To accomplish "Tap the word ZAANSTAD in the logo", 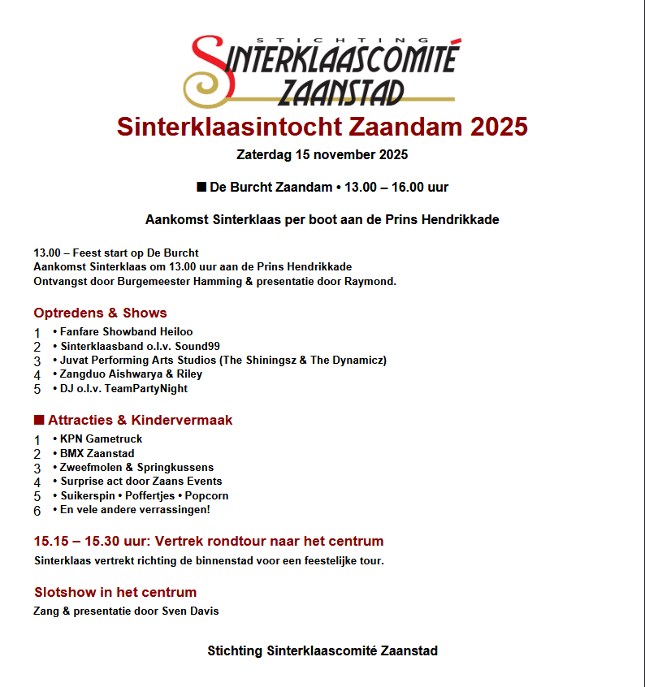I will pos(340,92).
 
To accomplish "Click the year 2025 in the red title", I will pos(495,127).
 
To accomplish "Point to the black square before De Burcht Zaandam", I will pos(201,187).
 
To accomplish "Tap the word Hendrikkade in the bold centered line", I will pos(461,219).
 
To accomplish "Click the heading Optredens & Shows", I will pos(100,313).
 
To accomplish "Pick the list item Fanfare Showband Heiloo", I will pos(126,332).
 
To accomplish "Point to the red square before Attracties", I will pos(38,420).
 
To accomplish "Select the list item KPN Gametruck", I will pos(101,439).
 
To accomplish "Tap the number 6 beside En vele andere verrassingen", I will pos(37,511).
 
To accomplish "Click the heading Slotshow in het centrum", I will pos(115,592).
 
